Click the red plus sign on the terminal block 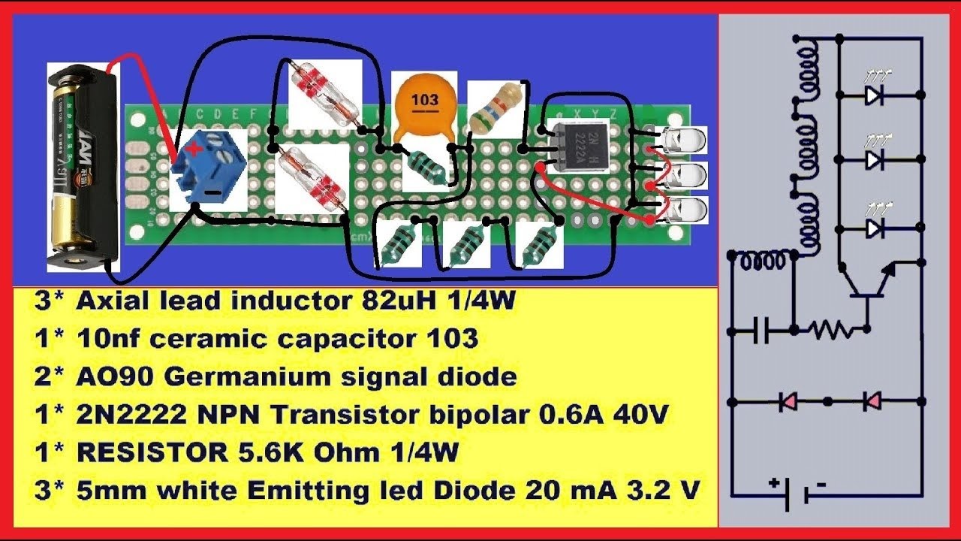click(195, 148)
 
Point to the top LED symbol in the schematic click(873, 95)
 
